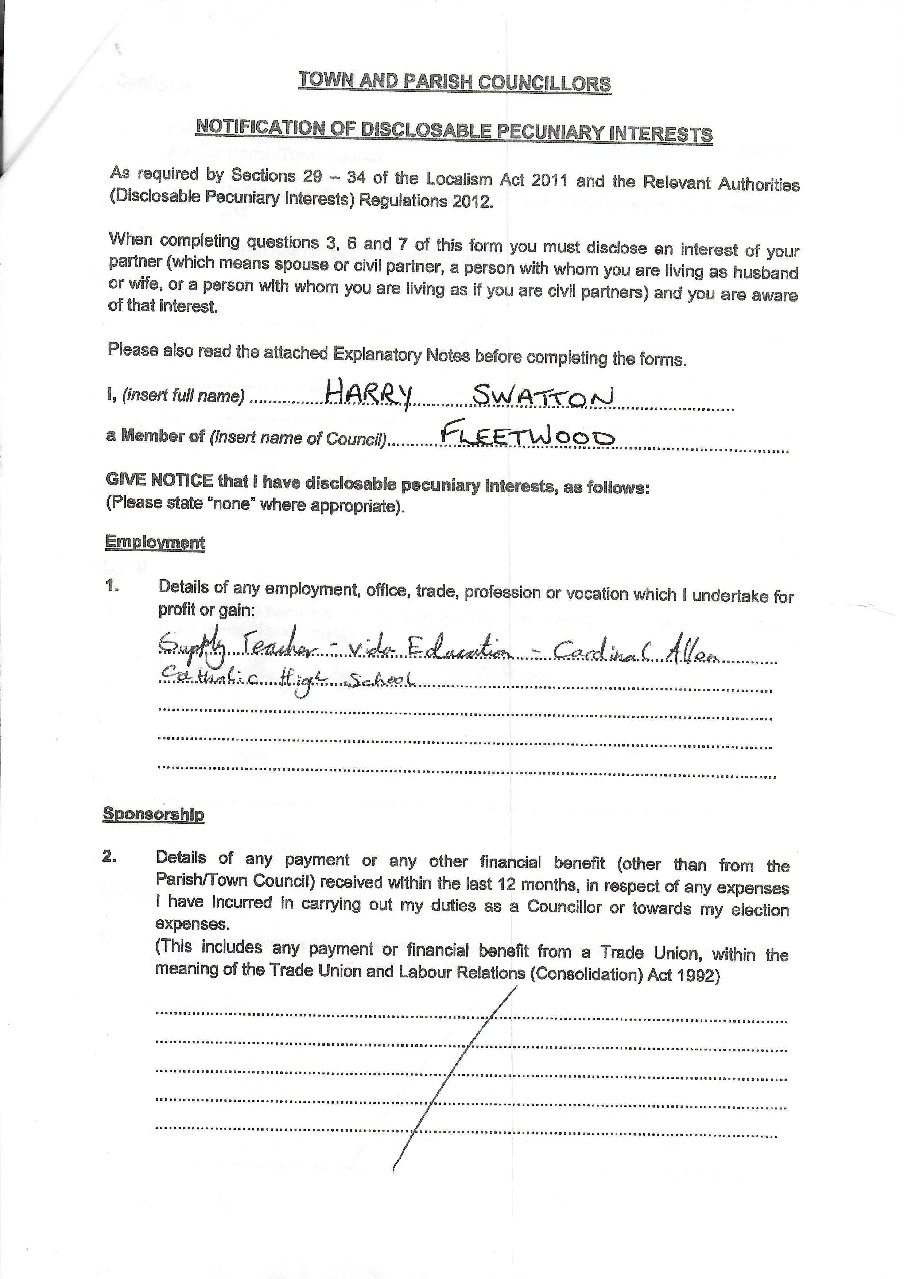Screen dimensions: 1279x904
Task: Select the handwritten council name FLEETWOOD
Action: click(527, 435)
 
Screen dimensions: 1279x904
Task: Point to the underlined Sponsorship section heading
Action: click(153, 814)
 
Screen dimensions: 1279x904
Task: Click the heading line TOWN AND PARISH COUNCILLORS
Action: click(454, 82)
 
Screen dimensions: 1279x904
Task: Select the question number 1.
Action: click(111, 586)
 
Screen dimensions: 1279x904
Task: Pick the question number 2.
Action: click(109, 857)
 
